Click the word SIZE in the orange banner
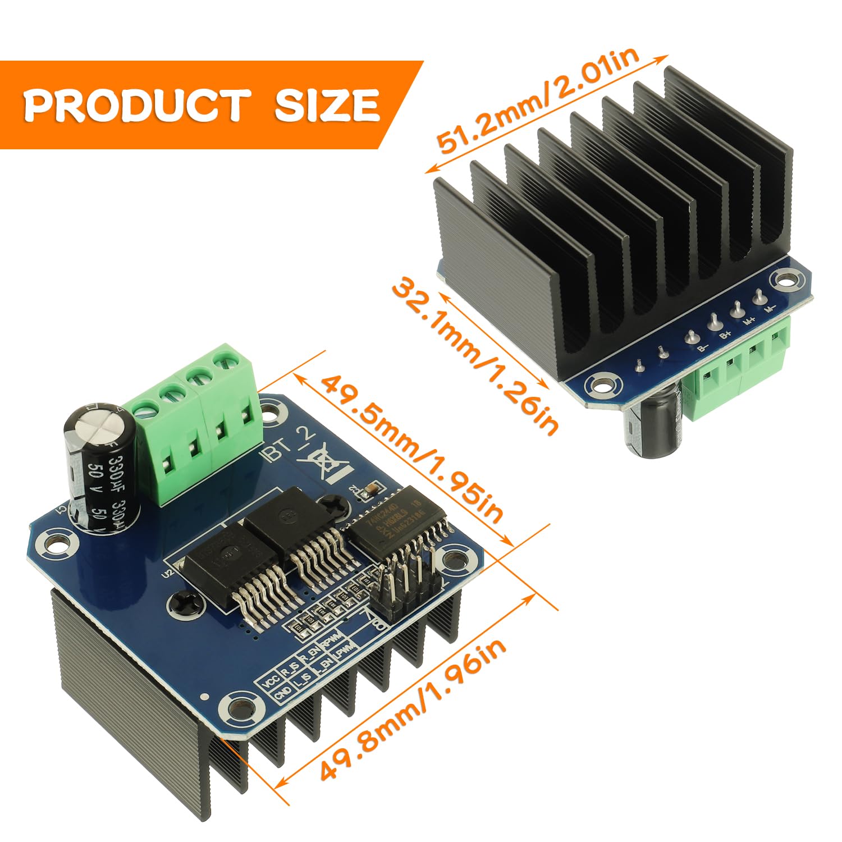point(327,105)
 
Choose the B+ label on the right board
point(725,335)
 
